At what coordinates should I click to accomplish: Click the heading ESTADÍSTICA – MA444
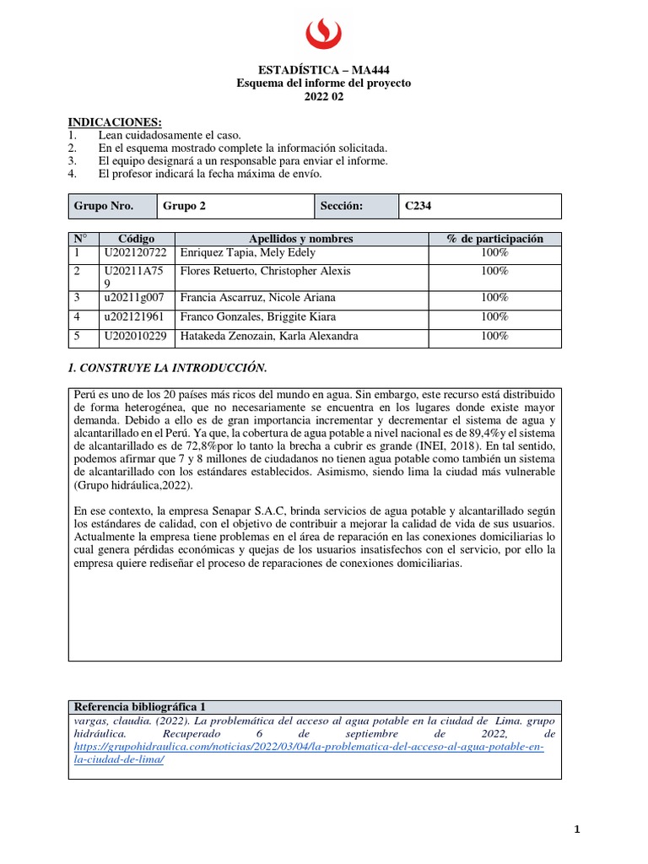[x=323, y=70]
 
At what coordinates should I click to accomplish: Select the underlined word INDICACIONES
[x=114, y=122]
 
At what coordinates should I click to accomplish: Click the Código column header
[x=136, y=239]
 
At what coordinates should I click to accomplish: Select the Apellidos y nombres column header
[x=300, y=239]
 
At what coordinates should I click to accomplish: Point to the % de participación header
[x=494, y=239]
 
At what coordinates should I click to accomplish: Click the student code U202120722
[x=136, y=252]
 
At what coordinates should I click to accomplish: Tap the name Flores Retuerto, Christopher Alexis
[x=261, y=271]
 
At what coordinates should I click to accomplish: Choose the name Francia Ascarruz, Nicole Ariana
[x=253, y=297]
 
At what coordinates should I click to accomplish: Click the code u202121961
[x=136, y=316]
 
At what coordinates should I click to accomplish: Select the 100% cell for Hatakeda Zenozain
[x=494, y=336]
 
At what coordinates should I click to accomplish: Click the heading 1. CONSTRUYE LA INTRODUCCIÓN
[x=166, y=368]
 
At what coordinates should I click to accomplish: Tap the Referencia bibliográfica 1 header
[x=139, y=706]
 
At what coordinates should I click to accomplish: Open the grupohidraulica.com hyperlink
[x=309, y=747]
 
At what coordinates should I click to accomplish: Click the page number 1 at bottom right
[x=577, y=829]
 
